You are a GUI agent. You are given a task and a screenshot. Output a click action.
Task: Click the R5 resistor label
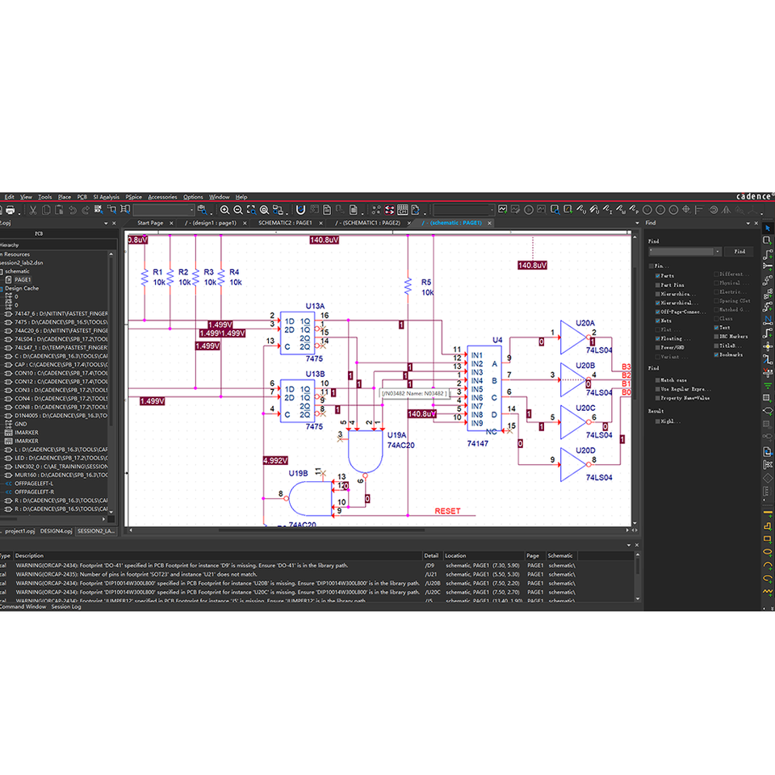427,282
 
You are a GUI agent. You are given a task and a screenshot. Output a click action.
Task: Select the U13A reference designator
315,306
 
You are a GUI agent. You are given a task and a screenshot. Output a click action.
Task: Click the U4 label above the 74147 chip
497,340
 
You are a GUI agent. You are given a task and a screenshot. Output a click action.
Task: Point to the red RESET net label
447,511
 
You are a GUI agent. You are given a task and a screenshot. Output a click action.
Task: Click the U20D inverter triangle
572,466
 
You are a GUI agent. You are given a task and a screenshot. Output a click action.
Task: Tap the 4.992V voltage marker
274,461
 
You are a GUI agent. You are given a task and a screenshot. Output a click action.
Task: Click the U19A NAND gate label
397,434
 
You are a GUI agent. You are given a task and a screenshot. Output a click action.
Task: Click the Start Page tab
150,222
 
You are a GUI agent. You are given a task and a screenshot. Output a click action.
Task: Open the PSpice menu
133,197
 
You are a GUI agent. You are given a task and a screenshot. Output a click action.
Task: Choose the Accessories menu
162,197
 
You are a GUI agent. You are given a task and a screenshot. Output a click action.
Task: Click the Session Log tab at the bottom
66,607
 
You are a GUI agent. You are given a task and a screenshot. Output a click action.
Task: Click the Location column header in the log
455,555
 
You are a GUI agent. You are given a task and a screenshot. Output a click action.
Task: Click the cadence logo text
754,196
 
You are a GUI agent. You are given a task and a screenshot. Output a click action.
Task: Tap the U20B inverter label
585,365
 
